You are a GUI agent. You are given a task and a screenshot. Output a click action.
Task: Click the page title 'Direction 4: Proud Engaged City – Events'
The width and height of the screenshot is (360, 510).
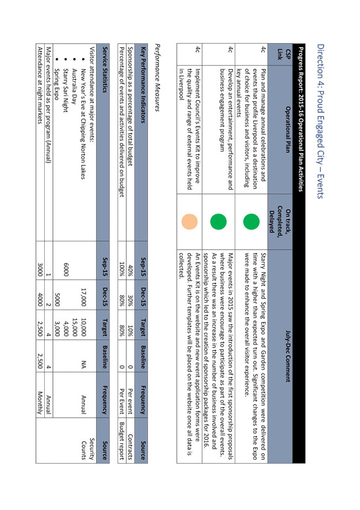[320, 121]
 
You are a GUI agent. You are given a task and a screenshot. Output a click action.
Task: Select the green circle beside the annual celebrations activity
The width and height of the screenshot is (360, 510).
[251, 222]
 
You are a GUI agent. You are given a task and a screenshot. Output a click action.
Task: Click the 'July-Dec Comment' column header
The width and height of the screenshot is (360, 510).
[288, 356]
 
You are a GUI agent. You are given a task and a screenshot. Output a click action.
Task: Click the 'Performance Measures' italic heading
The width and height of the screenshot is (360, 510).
[157, 78]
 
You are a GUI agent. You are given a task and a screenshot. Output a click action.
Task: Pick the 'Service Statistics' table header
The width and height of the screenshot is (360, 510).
[104, 70]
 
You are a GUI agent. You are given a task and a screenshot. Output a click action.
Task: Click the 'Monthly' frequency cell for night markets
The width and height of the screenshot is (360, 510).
[40, 403]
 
